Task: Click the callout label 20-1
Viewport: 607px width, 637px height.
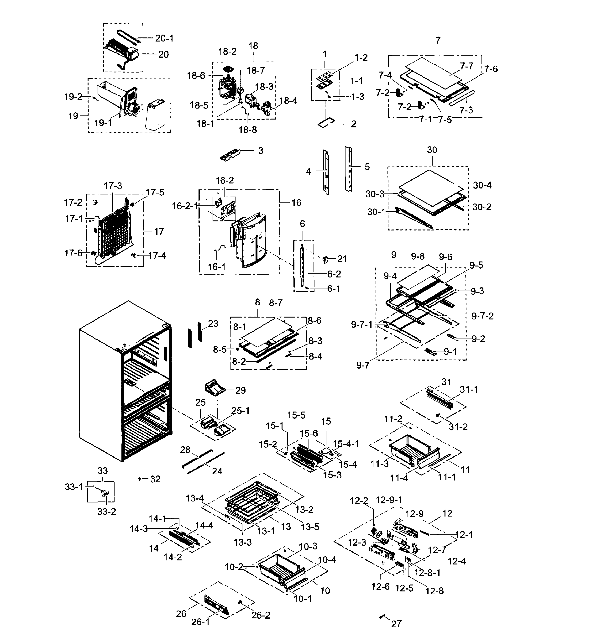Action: click(x=164, y=38)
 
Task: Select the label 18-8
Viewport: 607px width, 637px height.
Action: click(x=248, y=130)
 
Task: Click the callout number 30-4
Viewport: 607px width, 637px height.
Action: click(x=482, y=185)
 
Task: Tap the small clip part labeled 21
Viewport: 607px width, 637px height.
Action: click(x=325, y=259)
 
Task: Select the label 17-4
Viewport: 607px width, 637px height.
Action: click(x=157, y=256)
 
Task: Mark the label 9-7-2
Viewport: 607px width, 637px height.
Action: click(x=482, y=316)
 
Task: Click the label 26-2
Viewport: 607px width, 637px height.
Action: click(x=261, y=615)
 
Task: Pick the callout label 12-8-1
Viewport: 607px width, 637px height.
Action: click(x=427, y=573)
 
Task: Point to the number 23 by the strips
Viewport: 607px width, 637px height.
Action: click(x=213, y=324)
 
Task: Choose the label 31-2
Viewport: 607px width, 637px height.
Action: click(x=458, y=427)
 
